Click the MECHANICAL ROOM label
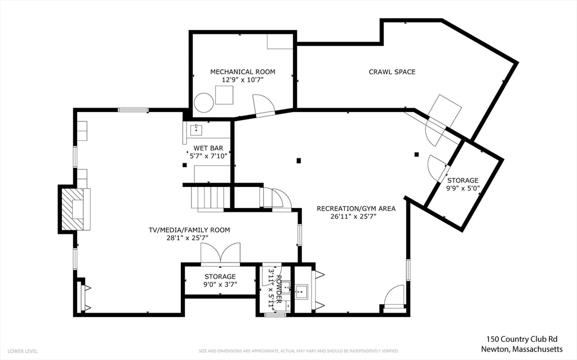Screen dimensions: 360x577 [242, 72]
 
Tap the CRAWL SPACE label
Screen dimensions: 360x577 [392, 72]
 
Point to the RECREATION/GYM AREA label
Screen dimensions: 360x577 [356, 208]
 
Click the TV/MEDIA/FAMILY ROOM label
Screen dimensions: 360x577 [189, 230]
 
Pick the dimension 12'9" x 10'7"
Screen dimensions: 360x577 [242, 80]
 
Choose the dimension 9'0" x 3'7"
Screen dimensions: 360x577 [220, 285]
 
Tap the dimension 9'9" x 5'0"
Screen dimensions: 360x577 [463, 189]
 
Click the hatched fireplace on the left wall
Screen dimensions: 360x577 [72, 209]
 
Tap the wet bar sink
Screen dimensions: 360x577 [197, 130]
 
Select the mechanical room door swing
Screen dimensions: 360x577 [263, 105]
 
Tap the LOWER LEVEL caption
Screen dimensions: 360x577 [23, 351]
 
